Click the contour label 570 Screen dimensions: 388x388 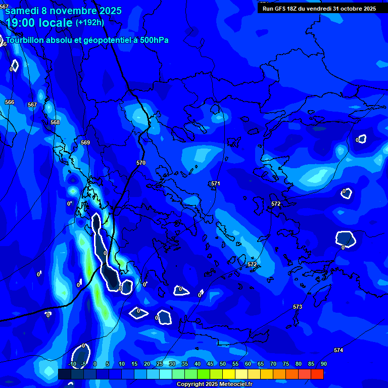click(x=141, y=163)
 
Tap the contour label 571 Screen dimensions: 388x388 click(x=216, y=183)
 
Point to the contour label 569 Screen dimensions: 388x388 click(x=85, y=142)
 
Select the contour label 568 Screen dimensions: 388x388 click(x=55, y=122)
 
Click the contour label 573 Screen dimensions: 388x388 click(x=298, y=307)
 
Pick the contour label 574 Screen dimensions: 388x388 click(x=338, y=350)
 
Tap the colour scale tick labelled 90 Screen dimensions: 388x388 click(x=323, y=364)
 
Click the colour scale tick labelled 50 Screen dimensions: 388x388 click(x=222, y=364)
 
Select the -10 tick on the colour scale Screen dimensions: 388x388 click(x=72, y=364)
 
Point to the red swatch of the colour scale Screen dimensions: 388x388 click(x=317, y=374)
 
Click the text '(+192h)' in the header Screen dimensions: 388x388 click(x=90, y=22)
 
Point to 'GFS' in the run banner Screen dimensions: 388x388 click(x=281, y=9)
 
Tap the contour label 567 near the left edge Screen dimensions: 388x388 click(x=32, y=105)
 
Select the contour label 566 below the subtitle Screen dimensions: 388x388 click(x=10, y=102)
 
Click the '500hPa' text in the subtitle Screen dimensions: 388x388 click(x=154, y=40)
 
